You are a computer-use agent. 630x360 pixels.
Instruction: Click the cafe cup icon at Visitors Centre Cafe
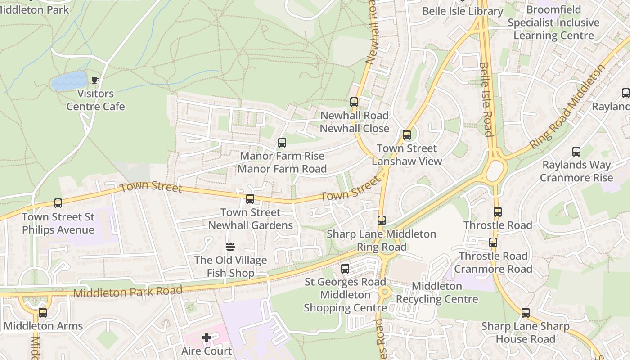[x=95, y=81]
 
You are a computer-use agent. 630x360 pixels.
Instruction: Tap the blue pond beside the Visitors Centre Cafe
[x=69, y=81]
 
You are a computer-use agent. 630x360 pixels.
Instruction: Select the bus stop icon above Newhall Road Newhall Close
[x=354, y=102]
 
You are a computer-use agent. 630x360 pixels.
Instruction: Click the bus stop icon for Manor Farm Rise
[x=282, y=143]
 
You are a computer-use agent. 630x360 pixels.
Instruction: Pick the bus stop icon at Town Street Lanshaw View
[x=407, y=135]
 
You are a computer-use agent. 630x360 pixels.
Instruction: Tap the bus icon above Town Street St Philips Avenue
[x=58, y=203]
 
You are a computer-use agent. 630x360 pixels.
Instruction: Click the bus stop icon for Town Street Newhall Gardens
[x=250, y=199]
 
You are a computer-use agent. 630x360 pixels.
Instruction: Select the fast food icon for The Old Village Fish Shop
[x=230, y=247]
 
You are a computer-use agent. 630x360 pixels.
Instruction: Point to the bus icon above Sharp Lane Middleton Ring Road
[x=382, y=220]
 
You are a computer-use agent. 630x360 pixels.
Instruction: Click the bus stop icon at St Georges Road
[x=345, y=269]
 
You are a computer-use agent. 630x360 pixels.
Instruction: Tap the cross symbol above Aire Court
[x=207, y=337]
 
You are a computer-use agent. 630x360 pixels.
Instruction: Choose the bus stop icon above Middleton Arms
[x=43, y=312]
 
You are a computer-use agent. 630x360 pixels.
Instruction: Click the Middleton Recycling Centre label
[x=437, y=292]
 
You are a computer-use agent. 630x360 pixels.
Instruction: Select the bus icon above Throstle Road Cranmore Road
[x=493, y=243]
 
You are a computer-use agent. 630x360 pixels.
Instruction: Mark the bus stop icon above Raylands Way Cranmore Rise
[x=576, y=152]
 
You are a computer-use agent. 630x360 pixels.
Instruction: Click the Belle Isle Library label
[x=463, y=11]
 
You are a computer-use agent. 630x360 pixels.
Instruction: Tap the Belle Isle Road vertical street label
[x=486, y=99]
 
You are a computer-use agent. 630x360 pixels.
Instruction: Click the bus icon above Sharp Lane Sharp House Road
[x=526, y=313]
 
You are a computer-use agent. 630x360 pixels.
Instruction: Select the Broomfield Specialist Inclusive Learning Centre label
[x=553, y=22]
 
